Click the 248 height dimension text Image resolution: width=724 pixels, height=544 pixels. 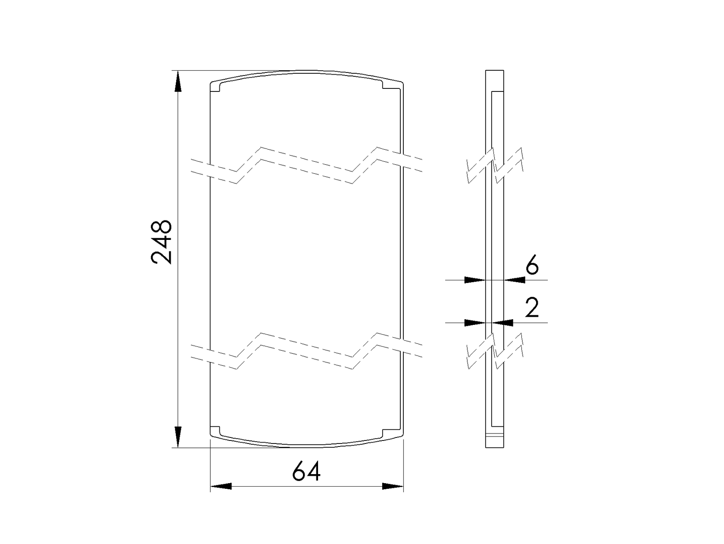162,242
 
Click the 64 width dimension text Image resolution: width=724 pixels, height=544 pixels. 306,472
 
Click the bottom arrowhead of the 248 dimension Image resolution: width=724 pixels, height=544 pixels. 178,437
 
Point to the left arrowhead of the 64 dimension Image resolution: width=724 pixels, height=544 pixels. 221,486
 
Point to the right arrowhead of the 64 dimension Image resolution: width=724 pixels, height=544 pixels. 393,486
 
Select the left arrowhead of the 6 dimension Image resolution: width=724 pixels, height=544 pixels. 475,280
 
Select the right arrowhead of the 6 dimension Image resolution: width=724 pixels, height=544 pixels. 515,280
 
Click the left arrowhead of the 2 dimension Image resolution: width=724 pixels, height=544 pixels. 475,322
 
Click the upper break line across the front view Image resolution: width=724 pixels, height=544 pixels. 306,166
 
